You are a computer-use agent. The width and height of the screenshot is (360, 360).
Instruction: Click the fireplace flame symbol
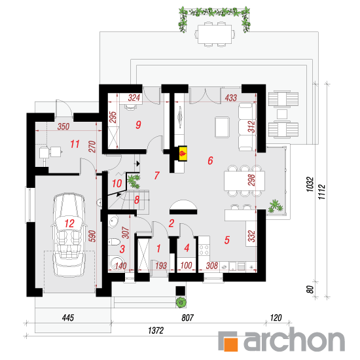183,153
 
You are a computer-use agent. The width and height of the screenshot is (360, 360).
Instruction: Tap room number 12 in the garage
69,223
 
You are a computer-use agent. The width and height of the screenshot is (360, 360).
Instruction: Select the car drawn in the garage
69,234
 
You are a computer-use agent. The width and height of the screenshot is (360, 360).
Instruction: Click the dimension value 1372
156,331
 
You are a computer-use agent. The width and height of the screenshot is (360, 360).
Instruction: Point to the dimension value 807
188,317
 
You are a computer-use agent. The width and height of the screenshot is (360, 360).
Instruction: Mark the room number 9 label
138,124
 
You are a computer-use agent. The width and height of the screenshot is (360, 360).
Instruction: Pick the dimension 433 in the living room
231,98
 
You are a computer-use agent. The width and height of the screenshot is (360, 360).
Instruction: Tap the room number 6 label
210,160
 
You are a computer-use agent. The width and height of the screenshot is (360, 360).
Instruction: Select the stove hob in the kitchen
204,250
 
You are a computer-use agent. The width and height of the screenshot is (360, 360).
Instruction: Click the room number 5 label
227,240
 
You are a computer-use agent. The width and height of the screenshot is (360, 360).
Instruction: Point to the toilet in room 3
114,242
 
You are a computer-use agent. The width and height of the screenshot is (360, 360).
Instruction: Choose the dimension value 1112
321,192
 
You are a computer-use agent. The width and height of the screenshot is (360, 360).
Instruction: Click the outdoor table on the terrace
215,34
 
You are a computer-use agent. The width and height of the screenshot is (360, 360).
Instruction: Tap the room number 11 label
75,144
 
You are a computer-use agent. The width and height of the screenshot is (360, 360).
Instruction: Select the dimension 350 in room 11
63,126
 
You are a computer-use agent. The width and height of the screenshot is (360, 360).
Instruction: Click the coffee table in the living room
223,127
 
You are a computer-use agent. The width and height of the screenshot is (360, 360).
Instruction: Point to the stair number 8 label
137,200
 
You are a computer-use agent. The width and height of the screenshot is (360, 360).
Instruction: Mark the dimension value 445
68,317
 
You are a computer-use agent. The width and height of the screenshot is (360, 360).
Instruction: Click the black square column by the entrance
181,291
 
